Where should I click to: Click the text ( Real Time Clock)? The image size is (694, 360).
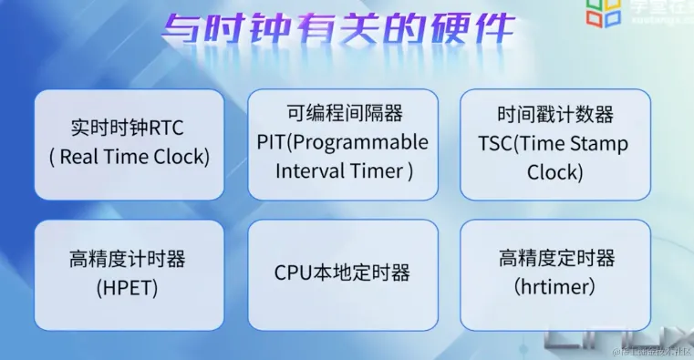click(x=129, y=156)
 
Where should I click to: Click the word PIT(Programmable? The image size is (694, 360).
click(x=342, y=142)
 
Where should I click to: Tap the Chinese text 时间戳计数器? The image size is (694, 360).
click(x=554, y=115)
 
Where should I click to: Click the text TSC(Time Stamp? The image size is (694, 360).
click(x=554, y=143)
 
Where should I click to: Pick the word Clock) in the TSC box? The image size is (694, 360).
click(x=554, y=172)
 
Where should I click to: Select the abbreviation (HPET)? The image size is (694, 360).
click(x=127, y=287)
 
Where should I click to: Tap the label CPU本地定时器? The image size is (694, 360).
click(x=342, y=273)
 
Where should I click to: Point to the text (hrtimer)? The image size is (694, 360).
click(x=556, y=287)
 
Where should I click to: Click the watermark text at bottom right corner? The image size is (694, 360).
click(x=652, y=351)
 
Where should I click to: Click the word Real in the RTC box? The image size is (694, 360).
click(x=80, y=156)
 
